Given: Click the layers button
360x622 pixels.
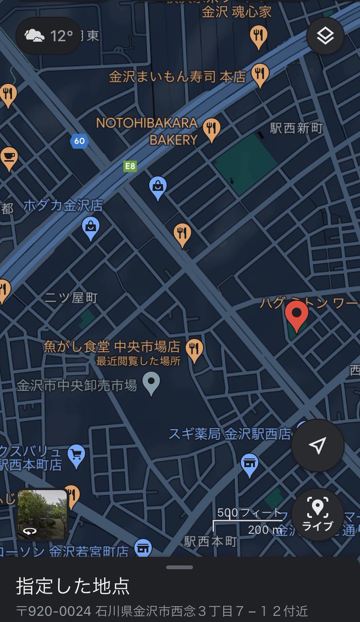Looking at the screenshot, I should click(325, 36).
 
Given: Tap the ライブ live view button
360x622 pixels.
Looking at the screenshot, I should click(317, 514).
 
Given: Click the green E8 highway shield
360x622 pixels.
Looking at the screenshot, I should click(130, 166).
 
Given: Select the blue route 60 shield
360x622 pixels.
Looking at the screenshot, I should click(79, 141).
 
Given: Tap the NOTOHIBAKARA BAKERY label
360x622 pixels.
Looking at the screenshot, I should click(147, 131).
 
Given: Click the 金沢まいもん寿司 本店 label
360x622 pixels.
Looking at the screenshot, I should click(177, 77).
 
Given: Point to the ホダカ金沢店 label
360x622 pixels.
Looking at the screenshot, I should click(63, 205).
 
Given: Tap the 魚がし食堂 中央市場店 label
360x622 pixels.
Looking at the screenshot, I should click(112, 346).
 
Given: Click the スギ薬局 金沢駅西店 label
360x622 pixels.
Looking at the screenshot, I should click(230, 434).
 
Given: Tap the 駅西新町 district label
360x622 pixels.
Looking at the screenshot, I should click(296, 128).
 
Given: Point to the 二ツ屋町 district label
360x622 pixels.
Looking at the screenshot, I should click(71, 298).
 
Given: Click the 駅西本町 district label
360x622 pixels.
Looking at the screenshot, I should click(211, 542).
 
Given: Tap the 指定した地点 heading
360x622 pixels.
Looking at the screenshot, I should click(73, 586).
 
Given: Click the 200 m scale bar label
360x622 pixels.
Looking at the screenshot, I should click(264, 529).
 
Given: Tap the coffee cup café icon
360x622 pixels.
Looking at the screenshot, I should click(9, 157).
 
